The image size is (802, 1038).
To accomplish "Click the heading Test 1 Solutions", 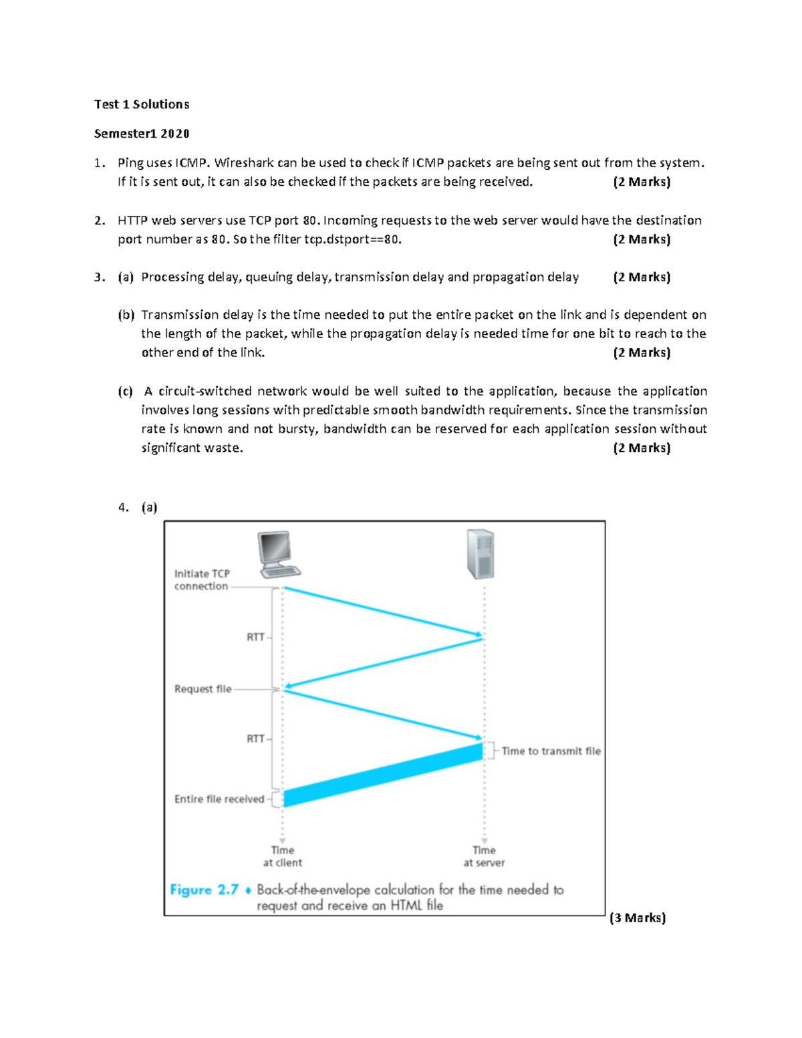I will [142, 104].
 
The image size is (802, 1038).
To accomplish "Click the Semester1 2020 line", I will [142, 134].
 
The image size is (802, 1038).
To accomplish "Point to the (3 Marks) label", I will [638, 918].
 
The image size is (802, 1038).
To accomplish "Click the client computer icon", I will [278, 554].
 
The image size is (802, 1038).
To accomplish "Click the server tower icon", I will [481, 554].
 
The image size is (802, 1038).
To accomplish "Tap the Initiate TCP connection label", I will [202, 579].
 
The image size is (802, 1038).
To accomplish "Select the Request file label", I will [203, 689].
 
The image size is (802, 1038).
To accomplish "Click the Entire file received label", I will [219, 799].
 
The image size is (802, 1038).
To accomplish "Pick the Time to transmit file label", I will [551, 751].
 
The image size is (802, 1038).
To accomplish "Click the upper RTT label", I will [255, 637].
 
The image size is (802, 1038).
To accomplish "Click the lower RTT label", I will [255, 739].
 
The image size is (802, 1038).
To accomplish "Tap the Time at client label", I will [282, 856].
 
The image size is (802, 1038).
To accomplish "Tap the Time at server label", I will [484, 856].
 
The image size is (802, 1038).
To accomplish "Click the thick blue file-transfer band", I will [383, 775].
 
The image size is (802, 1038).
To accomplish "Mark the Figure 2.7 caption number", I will [204, 890].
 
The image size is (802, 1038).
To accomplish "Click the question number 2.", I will [99, 221].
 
